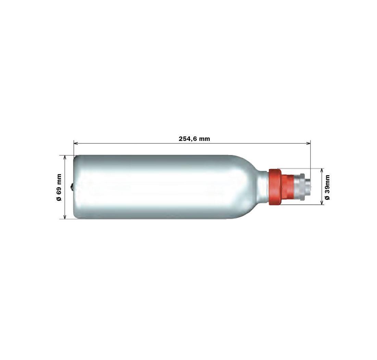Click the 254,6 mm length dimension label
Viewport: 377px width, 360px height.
(x=194, y=139)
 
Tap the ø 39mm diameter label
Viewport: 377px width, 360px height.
(x=327, y=187)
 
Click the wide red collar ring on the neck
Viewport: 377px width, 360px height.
(x=275, y=187)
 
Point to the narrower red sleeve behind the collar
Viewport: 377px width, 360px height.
(x=287, y=187)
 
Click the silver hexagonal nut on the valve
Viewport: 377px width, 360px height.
(x=299, y=187)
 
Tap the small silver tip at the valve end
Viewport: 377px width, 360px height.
(x=308, y=187)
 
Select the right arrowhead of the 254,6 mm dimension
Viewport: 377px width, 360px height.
(x=308, y=144)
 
